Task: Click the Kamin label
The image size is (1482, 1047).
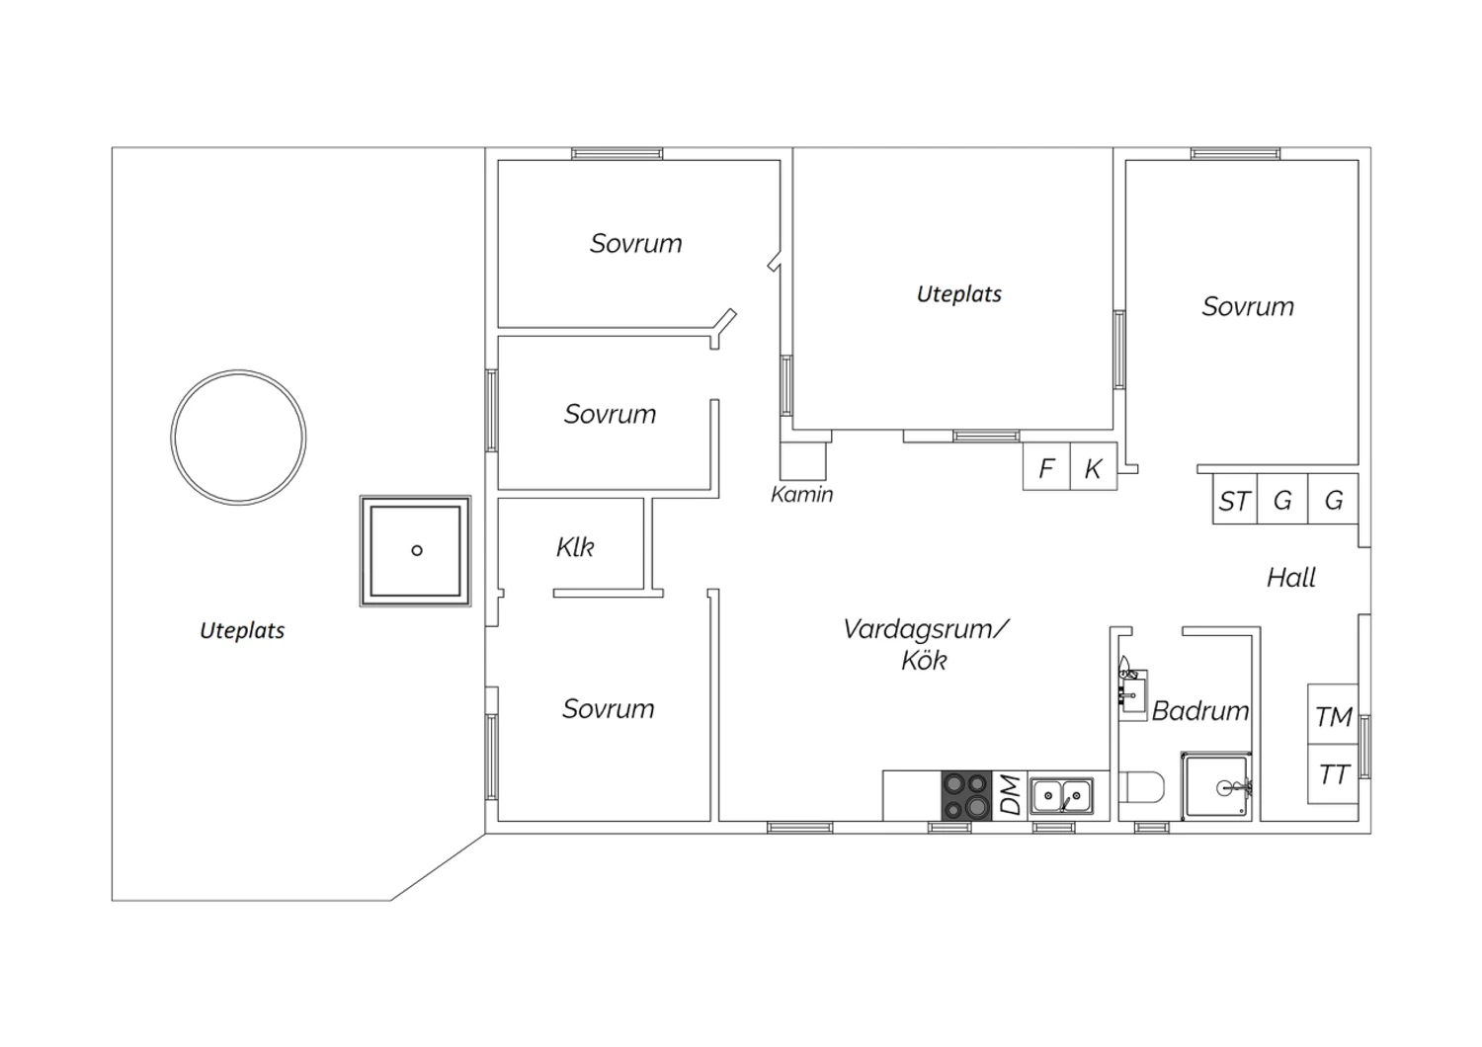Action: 802,494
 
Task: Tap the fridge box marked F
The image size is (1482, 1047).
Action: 1046,466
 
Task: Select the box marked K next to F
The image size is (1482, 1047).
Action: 1094,466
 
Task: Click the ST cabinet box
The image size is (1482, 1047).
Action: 1235,500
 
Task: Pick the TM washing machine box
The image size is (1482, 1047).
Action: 1333,714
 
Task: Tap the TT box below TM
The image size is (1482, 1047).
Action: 1333,773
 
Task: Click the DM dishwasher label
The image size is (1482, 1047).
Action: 1011,795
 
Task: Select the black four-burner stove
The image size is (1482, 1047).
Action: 966,795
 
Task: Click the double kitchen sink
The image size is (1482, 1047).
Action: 1061,796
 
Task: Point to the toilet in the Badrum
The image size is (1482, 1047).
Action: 1141,787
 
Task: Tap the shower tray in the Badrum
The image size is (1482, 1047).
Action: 1216,786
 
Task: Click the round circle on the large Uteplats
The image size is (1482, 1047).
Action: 238,370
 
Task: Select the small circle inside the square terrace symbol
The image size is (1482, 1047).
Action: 417,550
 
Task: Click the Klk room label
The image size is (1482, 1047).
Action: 575,547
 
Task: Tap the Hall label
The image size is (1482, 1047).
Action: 1290,578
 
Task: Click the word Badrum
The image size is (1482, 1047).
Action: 1200,711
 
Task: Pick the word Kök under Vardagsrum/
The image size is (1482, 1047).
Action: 924,660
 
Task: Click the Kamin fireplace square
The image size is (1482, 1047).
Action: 803,461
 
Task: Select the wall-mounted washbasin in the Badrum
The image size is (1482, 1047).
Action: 1132,691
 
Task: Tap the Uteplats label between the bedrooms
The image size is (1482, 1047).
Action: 959,293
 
